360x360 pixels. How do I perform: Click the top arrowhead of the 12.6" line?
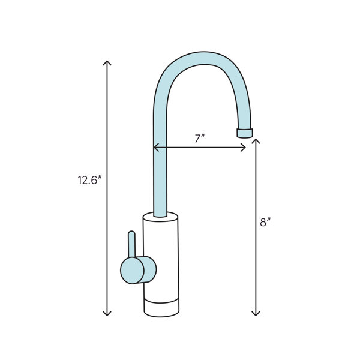coord(107,62)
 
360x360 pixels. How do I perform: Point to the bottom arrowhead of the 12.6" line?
coord(107,314)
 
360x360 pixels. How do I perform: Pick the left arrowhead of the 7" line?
coord(155,147)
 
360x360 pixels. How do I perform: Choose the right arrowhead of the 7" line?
coord(245,147)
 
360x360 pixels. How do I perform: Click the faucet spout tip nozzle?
coord(245,133)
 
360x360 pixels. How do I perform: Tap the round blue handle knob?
coord(139,269)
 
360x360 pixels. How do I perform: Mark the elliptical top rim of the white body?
coord(161,215)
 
